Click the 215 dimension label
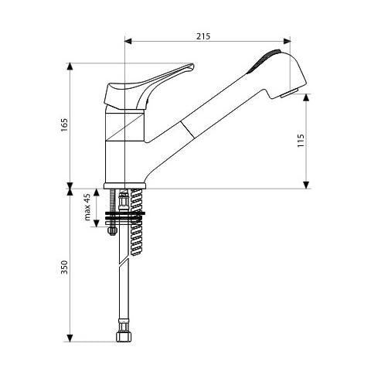(203, 36)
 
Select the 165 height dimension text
(64, 125)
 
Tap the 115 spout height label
(301, 141)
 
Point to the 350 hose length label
(64, 267)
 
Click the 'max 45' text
(87, 207)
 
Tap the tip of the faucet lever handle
(192, 66)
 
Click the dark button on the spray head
(264, 61)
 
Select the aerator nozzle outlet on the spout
(290, 93)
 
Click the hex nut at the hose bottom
(124, 336)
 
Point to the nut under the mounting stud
(112, 230)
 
